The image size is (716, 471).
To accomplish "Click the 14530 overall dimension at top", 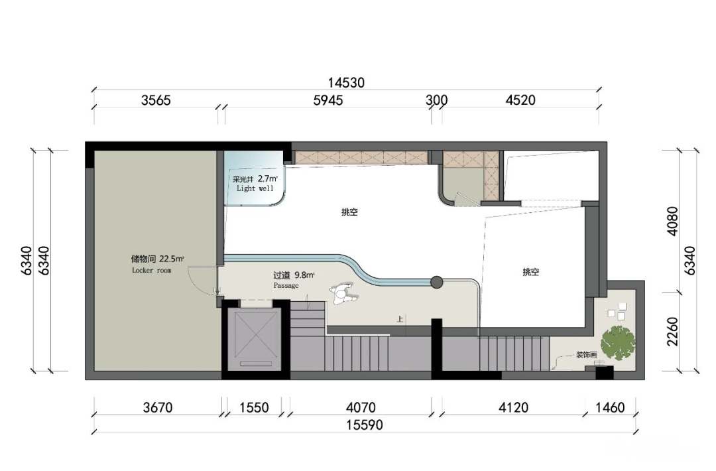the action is click(x=346, y=83).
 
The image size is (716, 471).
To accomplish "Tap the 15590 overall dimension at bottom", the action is click(x=364, y=425).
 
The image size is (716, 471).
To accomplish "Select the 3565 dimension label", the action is click(x=156, y=100).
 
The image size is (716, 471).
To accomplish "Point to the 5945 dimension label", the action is click(x=328, y=100).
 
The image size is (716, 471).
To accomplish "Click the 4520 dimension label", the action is click(x=520, y=100).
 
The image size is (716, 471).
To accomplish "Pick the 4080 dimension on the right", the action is click(x=673, y=221).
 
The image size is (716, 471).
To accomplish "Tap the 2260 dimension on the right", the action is click(x=673, y=332).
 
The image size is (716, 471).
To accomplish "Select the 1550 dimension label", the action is click(x=254, y=407).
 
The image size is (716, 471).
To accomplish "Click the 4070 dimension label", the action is click(x=361, y=407).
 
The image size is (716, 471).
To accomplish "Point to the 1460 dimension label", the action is click(x=610, y=407).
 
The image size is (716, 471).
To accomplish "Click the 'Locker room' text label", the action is click(x=152, y=271).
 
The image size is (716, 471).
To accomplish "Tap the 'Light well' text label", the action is click(x=255, y=188).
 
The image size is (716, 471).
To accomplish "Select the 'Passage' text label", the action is click(x=286, y=285).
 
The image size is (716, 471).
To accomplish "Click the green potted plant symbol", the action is click(x=618, y=342).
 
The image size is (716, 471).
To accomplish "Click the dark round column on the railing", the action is click(x=436, y=283).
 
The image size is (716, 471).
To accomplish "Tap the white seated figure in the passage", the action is click(x=343, y=294).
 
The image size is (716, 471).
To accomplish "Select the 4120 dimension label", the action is click(x=513, y=407).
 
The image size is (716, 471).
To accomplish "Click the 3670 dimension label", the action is click(x=158, y=407).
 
